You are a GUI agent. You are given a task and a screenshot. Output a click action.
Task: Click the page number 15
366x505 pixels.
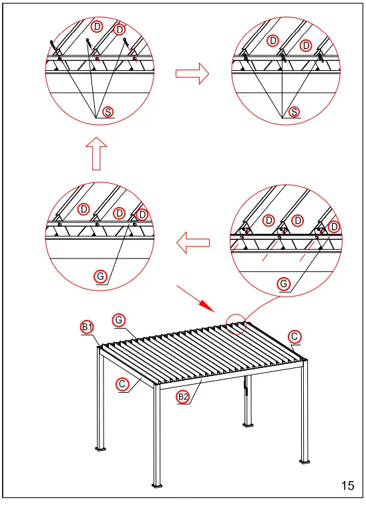pyautogui.click(x=347, y=486)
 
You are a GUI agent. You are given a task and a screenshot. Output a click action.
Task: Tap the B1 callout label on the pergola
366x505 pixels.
pyautogui.click(x=87, y=327)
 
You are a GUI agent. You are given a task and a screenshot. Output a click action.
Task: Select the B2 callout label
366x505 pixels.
pyautogui.click(x=182, y=397)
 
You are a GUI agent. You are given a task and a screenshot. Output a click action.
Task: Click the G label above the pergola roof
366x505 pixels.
pyautogui.click(x=118, y=321)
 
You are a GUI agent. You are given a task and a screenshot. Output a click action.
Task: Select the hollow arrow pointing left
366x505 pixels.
pyautogui.click(x=192, y=244)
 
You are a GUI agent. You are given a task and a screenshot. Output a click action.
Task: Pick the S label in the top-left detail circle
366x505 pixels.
pyautogui.click(x=106, y=112)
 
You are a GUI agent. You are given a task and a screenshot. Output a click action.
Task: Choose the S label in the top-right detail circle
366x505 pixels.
pyautogui.click(x=293, y=112)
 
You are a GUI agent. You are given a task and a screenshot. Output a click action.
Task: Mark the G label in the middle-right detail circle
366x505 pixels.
pyautogui.click(x=284, y=284)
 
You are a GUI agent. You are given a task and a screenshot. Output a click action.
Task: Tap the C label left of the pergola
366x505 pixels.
pyautogui.click(x=122, y=384)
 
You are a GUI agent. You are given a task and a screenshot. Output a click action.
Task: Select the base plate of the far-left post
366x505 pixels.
pyautogui.click(x=102, y=448)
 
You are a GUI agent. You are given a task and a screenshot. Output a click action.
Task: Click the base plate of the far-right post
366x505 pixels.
pyautogui.click(x=305, y=462)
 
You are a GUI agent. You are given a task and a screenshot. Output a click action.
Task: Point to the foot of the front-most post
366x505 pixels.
pyautogui.click(x=157, y=484)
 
